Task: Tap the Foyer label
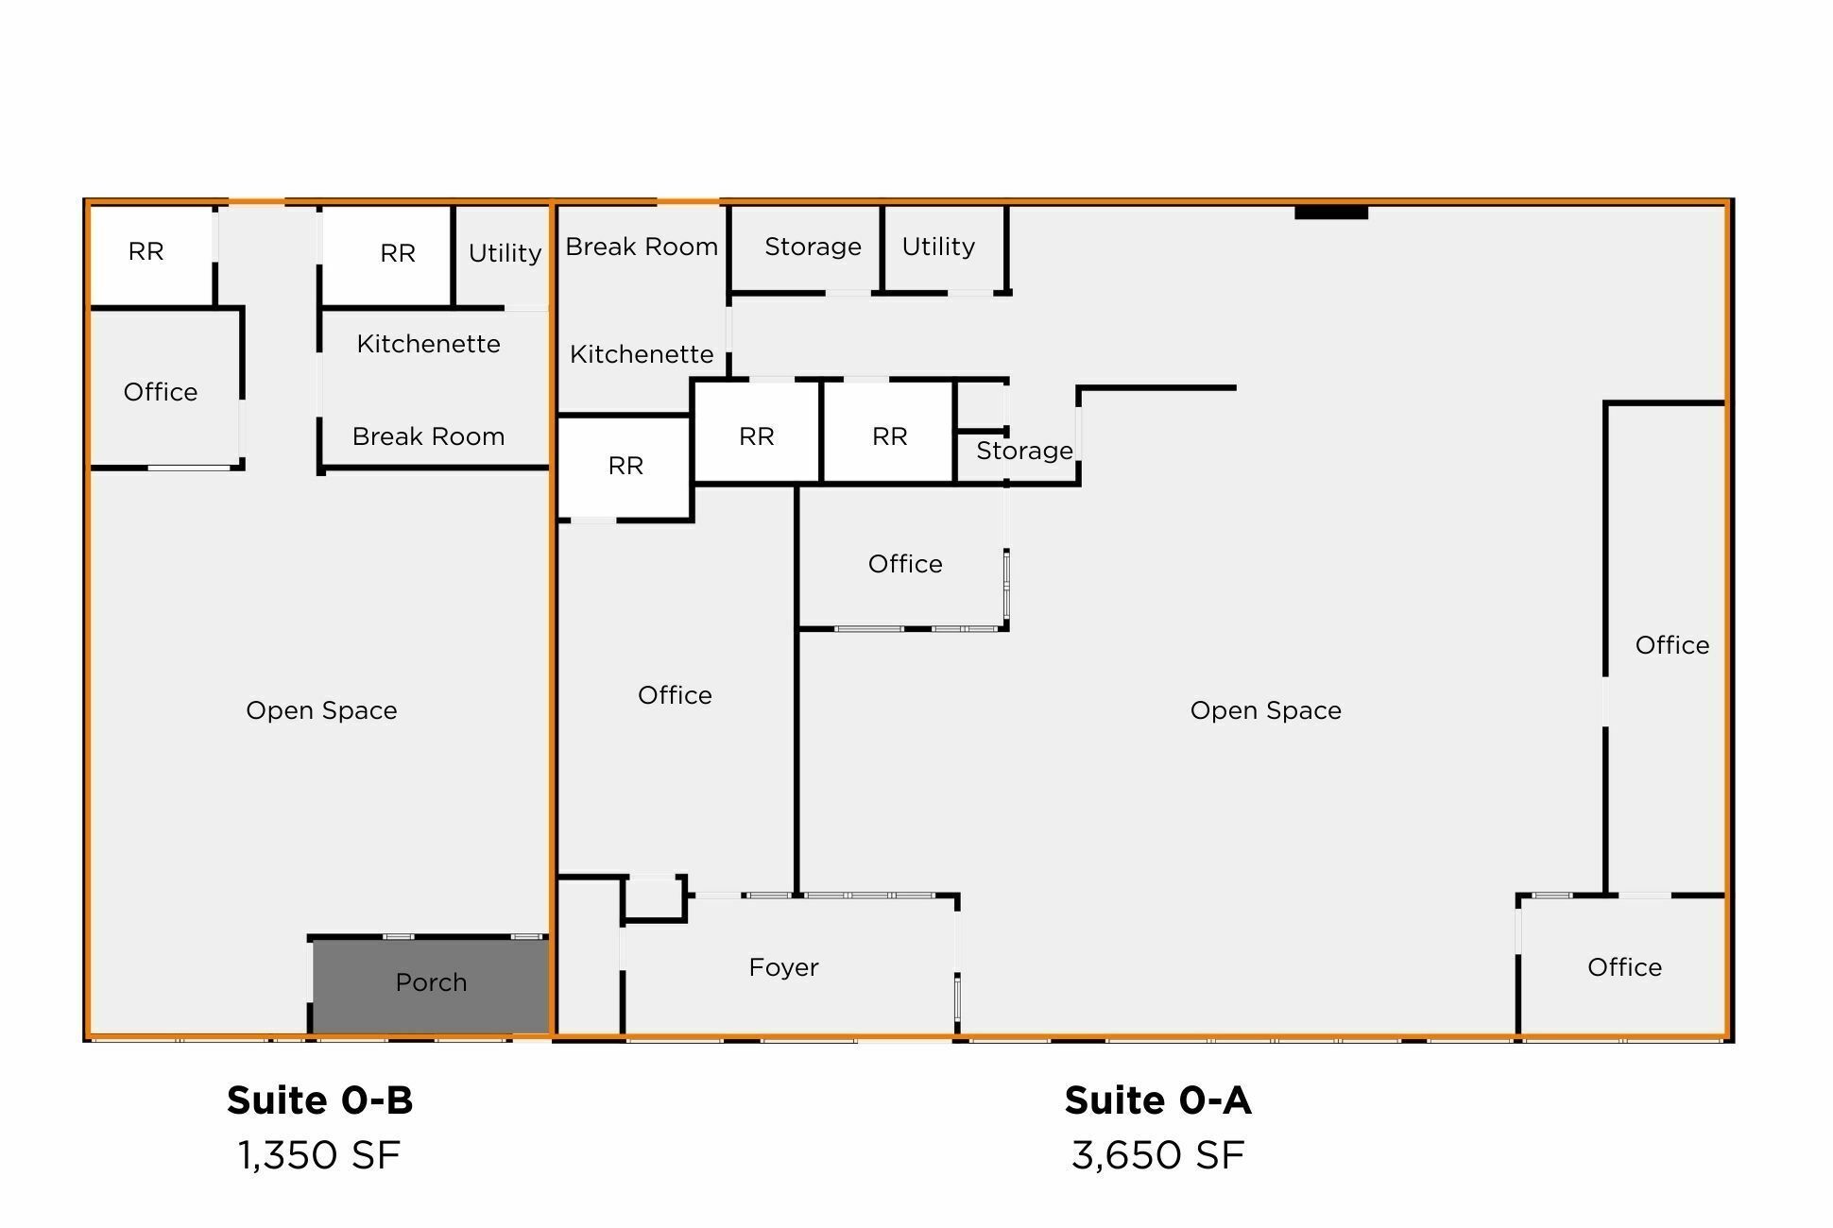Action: pyautogui.click(x=783, y=967)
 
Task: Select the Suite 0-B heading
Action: pyautogui.click(x=320, y=1100)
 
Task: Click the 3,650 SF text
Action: pyautogui.click(x=1158, y=1155)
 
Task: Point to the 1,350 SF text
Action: pyautogui.click(x=319, y=1155)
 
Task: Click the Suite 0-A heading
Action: pyautogui.click(x=1158, y=1100)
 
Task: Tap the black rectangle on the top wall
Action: pyautogui.click(x=1330, y=213)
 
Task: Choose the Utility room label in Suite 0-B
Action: pyautogui.click(x=505, y=253)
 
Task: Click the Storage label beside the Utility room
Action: pyautogui.click(x=813, y=247)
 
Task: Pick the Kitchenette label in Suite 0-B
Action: pyautogui.click(x=428, y=344)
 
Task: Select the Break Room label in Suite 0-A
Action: pyautogui.click(x=642, y=247)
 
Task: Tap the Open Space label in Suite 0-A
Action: pyautogui.click(x=1265, y=710)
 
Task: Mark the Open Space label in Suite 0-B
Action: pyautogui.click(x=321, y=710)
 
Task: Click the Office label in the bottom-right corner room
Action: pyautogui.click(x=1624, y=967)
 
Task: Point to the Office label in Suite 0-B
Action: pyautogui.click(x=161, y=392)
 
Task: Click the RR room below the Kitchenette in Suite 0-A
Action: pyautogui.click(x=625, y=468)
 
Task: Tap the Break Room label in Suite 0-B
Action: pyautogui.click(x=428, y=436)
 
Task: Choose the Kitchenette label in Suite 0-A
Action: pyautogui.click(x=642, y=354)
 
